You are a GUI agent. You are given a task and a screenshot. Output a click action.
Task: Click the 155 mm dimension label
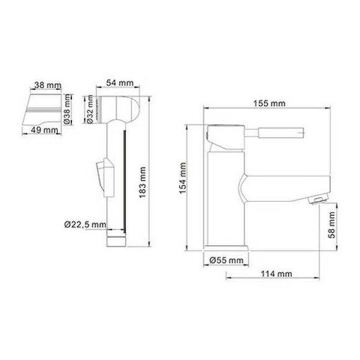click(x=269, y=103)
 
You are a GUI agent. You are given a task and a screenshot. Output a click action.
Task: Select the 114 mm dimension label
click(x=276, y=273)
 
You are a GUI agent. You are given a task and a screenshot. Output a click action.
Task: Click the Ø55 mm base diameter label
click(x=225, y=260)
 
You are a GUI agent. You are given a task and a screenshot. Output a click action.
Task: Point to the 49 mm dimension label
click(x=43, y=130)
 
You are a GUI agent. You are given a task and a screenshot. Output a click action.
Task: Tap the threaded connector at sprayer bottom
click(x=117, y=240)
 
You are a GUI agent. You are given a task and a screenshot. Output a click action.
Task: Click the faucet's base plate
click(x=226, y=250)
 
